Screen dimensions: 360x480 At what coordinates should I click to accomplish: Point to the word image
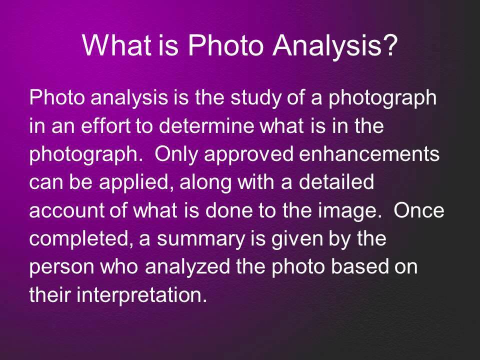click(x=355, y=212)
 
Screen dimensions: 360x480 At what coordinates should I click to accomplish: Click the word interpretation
click(x=142, y=296)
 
